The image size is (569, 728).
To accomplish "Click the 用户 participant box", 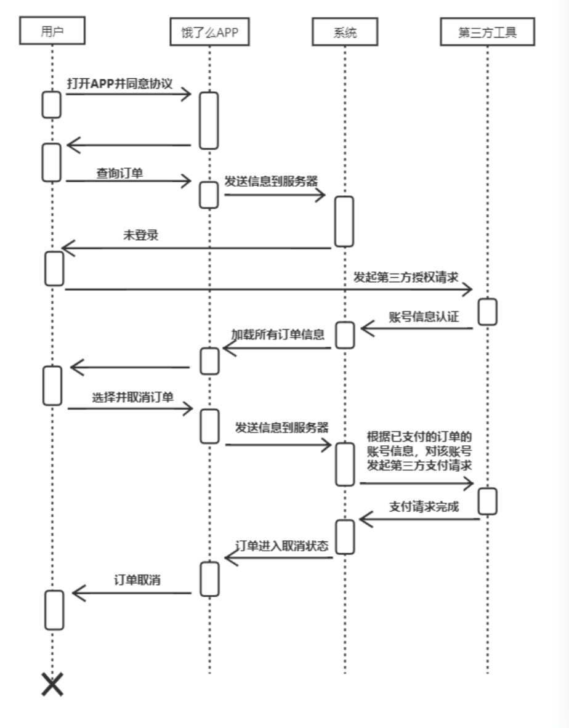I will tap(52, 31).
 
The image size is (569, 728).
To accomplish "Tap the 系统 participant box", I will tap(345, 33).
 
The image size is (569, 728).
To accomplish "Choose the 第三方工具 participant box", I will tap(487, 33).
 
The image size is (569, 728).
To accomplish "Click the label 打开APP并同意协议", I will tap(120, 84).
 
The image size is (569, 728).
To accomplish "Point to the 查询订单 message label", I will tap(119, 173).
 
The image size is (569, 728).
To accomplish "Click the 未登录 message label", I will tap(141, 235).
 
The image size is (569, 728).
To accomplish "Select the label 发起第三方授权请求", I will tap(406, 277).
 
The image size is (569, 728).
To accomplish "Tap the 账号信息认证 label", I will tap(424, 317).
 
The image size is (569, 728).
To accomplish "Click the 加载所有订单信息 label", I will tap(278, 334).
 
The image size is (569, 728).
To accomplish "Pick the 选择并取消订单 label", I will tap(133, 397).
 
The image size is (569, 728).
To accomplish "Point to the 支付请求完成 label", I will tap(424, 507).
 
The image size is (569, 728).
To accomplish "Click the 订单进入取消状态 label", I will tap(282, 546).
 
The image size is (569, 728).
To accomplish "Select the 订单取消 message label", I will tap(137, 580).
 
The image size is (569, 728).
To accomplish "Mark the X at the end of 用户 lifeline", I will tap(52, 684).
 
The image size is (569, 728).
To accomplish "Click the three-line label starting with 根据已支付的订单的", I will tap(419, 451).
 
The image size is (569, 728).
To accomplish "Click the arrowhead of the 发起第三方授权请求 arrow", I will tap(467, 289).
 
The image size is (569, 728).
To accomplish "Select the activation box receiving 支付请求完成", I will tap(345, 536).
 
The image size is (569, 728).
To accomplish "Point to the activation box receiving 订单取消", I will tap(54, 610).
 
